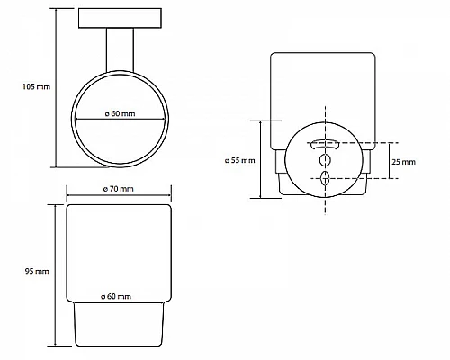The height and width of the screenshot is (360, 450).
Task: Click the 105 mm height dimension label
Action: pos(36,87)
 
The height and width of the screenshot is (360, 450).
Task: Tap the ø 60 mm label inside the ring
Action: pos(120,113)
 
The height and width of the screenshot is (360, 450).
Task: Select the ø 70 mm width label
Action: pos(118,189)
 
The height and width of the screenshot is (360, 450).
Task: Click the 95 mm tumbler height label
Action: pos(37,271)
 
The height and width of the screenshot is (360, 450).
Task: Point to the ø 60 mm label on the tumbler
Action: pos(116,296)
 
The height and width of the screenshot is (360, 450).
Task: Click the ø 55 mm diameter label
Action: pos(240,160)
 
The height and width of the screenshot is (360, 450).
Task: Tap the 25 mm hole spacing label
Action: pos(404,162)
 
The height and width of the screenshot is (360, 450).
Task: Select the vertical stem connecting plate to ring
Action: pos(120,50)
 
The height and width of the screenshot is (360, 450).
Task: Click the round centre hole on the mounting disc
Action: pos(325,160)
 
